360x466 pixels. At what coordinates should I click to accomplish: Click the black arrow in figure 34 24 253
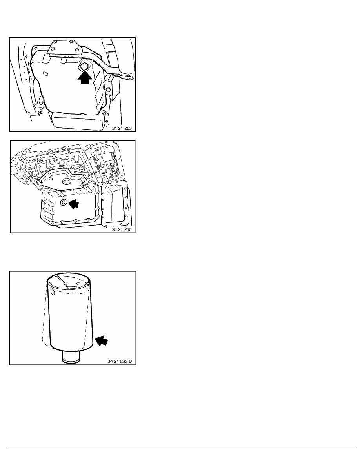pos(85,76)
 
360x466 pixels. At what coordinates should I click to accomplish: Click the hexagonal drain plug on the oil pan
pos(84,67)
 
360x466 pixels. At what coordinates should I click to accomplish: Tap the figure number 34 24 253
pos(122,128)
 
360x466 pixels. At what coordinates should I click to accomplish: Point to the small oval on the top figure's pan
pos(45,73)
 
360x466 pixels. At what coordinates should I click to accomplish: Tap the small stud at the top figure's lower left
pos(39,113)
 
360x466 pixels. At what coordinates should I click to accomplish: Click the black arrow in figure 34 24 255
pos(74,204)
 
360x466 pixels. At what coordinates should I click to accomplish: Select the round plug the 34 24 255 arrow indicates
pos(64,203)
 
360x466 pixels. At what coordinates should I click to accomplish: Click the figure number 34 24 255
pos(122,229)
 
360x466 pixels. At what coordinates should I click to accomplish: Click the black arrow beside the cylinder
pos(101,340)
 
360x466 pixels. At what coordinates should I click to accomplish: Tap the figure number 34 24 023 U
pos(120,361)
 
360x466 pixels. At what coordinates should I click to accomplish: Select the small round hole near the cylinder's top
pos(53,292)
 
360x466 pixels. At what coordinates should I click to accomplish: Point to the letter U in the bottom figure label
pos(131,361)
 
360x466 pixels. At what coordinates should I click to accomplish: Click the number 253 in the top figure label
pos(128,128)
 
